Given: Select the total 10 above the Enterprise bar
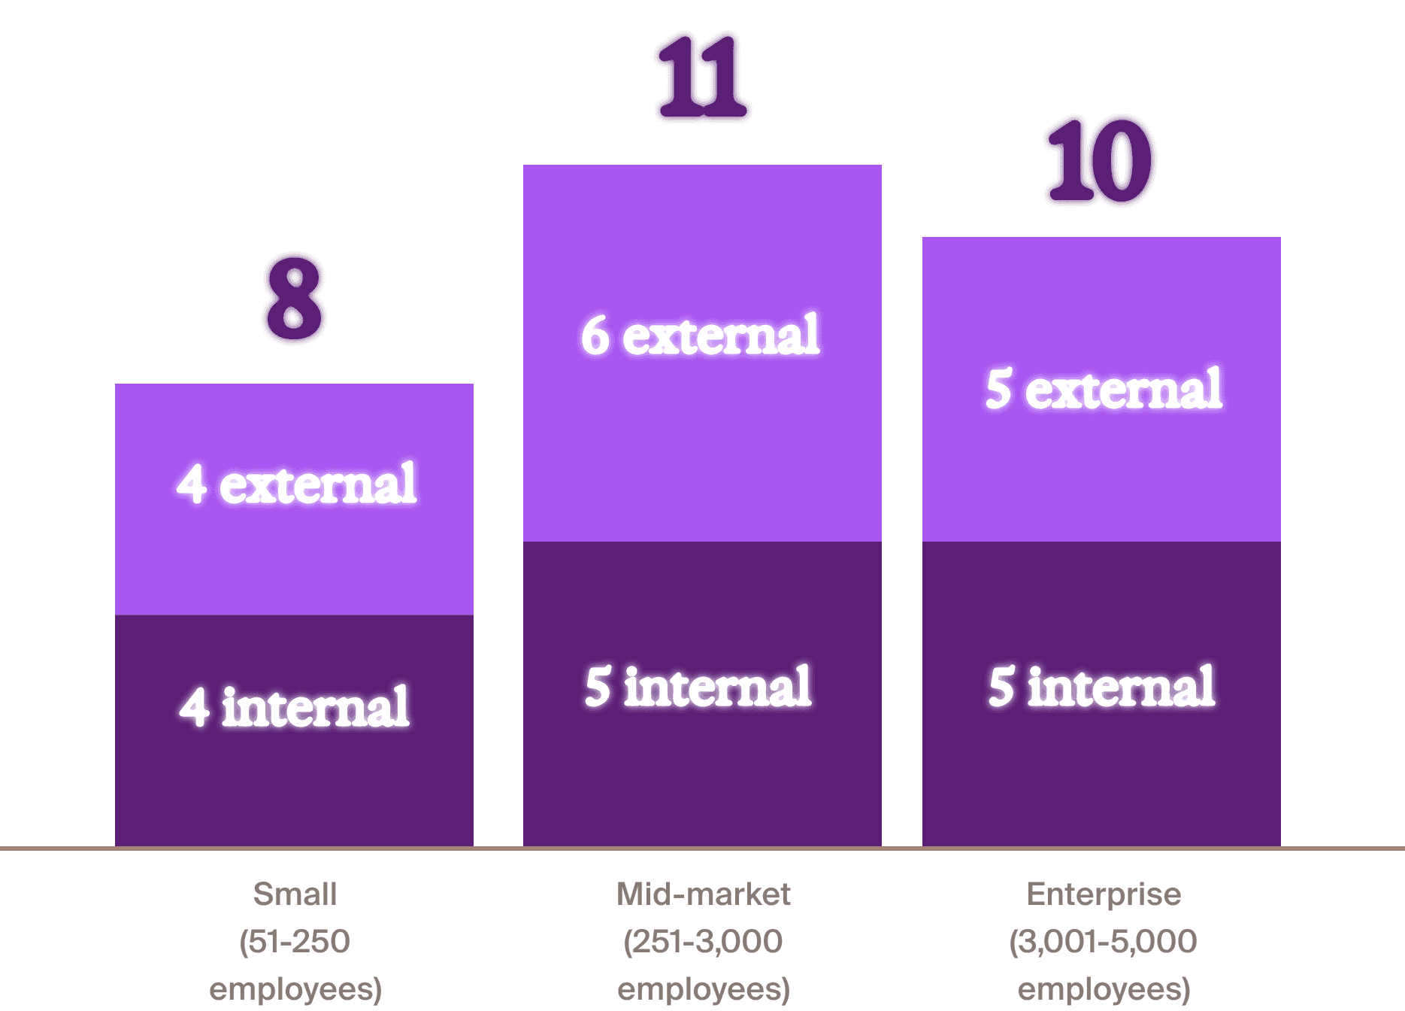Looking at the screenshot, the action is pyautogui.click(x=1101, y=160).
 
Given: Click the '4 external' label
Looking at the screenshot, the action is pyautogui.click(x=296, y=484).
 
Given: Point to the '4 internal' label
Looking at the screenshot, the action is pyautogui.click(x=295, y=707).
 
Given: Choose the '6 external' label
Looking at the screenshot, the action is pyautogui.click(x=701, y=335).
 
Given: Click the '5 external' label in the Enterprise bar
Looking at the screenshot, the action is pyautogui.click(x=1104, y=390).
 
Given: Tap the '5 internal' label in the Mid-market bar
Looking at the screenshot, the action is pyautogui.click(x=698, y=687).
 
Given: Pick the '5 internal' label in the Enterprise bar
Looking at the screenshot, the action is pyautogui.click(x=1101, y=687).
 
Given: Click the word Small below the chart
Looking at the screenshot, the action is pyautogui.click(x=295, y=894).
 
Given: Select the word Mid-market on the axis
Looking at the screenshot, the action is pyautogui.click(x=703, y=894).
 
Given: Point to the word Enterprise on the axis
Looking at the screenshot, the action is pyautogui.click(x=1104, y=894).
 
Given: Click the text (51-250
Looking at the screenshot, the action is pyautogui.click(x=295, y=941).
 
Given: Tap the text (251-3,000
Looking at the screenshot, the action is pyautogui.click(x=703, y=941).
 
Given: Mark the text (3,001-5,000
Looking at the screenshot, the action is pyautogui.click(x=1103, y=941).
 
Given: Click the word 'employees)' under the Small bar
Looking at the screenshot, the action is pyautogui.click(x=295, y=989).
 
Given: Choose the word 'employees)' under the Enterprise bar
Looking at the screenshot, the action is pyautogui.click(x=1104, y=989).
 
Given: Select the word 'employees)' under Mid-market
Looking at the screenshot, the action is pyautogui.click(x=703, y=989).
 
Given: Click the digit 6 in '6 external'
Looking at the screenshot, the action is pyautogui.click(x=595, y=335).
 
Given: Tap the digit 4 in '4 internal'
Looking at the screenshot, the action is pyautogui.click(x=194, y=708).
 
